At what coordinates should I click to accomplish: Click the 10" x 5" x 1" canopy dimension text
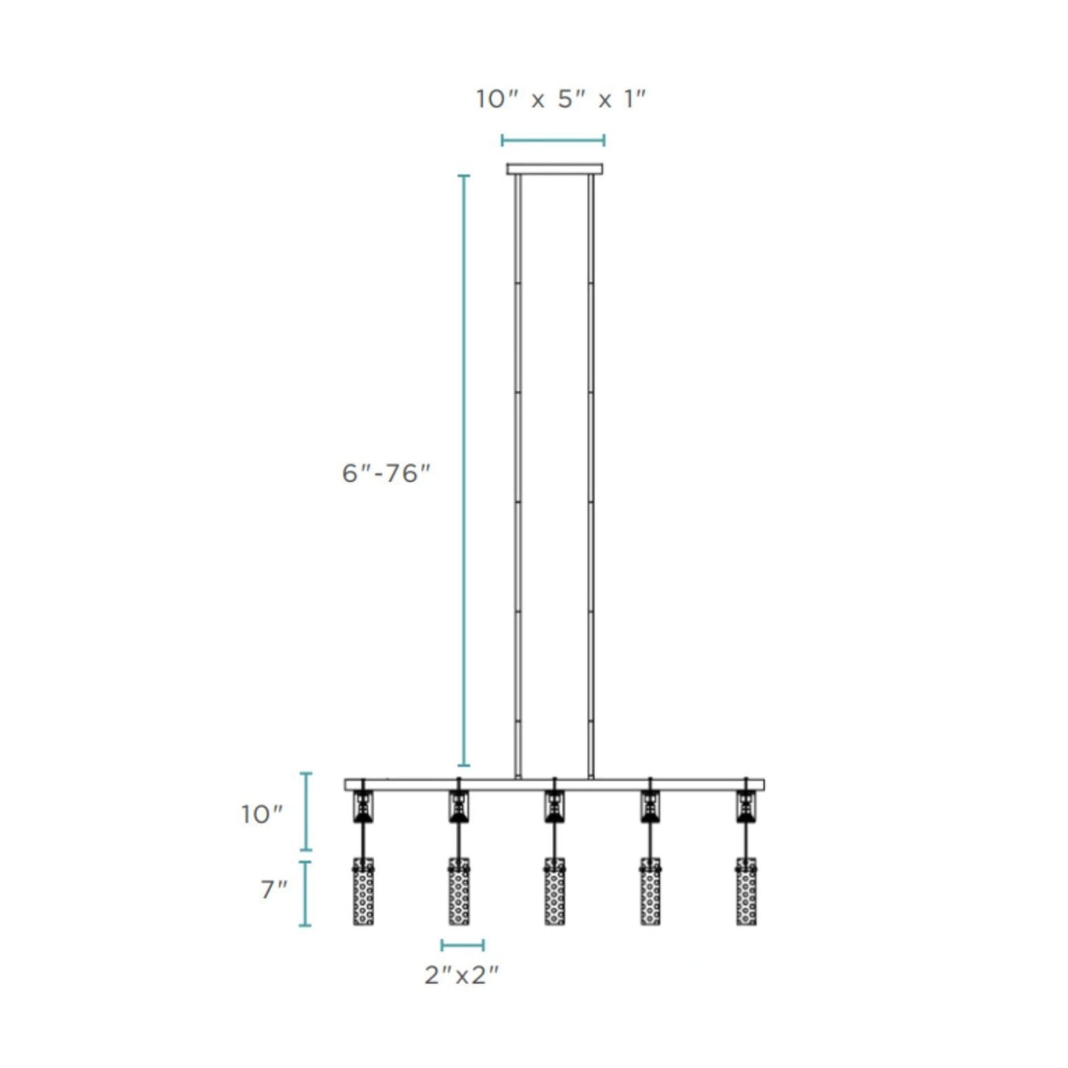pyautogui.click(x=561, y=99)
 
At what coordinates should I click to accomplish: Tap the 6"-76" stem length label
pyautogui.click(x=386, y=473)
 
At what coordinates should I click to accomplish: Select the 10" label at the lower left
pyautogui.click(x=262, y=814)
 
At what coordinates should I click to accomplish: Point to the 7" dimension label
pyautogui.click(x=273, y=890)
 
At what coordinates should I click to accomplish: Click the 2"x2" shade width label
pyautogui.click(x=462, y=976)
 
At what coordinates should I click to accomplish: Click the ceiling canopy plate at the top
pyautogui.click(x=554, y=169)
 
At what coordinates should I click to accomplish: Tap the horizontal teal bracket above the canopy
pyautogui.click(x=553, y=140)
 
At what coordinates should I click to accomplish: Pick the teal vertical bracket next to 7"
pyautogui.click(x=305, y=894)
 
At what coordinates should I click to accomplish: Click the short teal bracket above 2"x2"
pyautogui.click(x=463, y=945)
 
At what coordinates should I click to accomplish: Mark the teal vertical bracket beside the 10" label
pyautogui.click(x=305, y=812)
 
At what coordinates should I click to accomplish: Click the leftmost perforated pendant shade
pyautogui.click(x=363, y=891)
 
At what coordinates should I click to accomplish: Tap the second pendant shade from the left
pyautogui.click(x=459, y=891)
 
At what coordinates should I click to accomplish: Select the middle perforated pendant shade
pyautogui.click(x=554, y=891)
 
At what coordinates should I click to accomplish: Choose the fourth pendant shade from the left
pyautogui.click(x=650, y=891)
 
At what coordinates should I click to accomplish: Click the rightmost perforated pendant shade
pyautogui.click(x=746, y=891)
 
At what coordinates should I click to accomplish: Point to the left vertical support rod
pyautogui.click(x=518, y=473)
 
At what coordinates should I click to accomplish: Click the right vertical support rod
pyautogui.click(x=591, y=473)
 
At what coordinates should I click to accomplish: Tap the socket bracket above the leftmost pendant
pyautogui.click(x=363, y=806)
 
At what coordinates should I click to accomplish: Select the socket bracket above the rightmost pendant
pyautogui.click(x=746, y=806)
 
